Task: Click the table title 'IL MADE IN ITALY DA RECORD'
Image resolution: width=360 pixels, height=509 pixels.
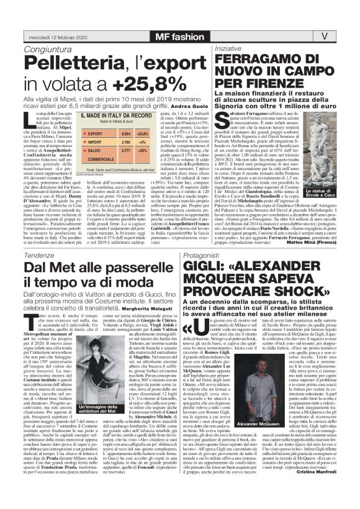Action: (x=116, y=116)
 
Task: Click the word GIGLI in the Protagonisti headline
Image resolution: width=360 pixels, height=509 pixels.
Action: (x=233, y=253)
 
